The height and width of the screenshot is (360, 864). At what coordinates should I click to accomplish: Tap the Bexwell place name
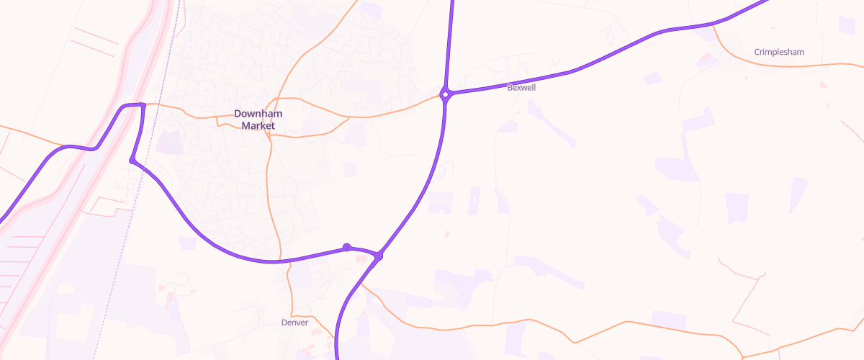521,87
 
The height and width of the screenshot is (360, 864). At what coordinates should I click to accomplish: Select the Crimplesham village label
779,52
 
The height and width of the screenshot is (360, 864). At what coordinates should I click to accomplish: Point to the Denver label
294,323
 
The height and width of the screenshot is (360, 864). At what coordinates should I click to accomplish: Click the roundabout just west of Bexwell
446,94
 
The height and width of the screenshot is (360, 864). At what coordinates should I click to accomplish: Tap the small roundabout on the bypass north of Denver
346,247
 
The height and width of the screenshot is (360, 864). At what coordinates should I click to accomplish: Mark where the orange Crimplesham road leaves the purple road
713,26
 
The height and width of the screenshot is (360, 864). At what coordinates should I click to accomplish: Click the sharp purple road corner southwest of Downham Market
132,160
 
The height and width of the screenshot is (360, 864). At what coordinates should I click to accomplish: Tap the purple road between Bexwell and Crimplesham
612,54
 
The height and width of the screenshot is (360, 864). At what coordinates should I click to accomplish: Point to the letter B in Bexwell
510,87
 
